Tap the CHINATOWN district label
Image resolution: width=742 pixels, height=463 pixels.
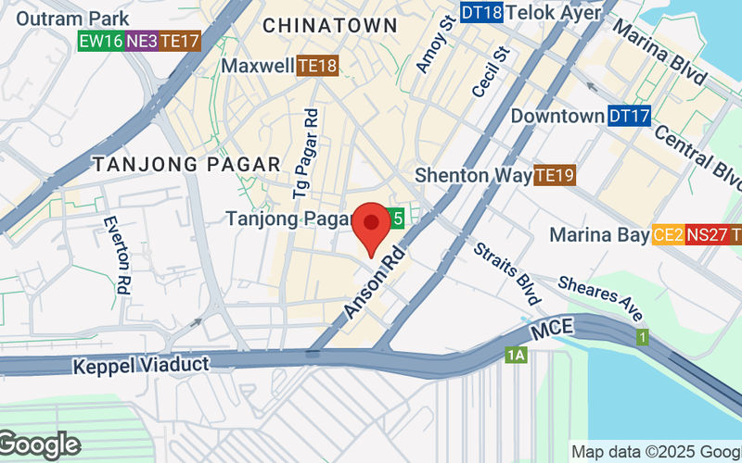click(x=331, y=26)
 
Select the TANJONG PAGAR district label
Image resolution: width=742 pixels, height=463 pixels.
click(x=186, y=164)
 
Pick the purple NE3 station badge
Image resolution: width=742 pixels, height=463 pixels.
click(x=141, y=41)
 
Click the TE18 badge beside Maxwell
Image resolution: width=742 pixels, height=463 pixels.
click(x=317, y=66)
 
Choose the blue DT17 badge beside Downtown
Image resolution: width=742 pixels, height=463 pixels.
click(x=630, y=117)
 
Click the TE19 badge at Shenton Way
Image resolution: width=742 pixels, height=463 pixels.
click(x=556, y=174)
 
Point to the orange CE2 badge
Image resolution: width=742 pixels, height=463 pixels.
click(x=668, y=235)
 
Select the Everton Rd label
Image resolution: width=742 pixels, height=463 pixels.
click(x=117, y=256)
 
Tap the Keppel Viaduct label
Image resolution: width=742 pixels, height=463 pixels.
click(x=141, y=366)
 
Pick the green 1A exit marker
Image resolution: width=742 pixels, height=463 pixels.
click(x=516, y=355)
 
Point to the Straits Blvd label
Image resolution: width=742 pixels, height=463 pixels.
click(x=506, y=275)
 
